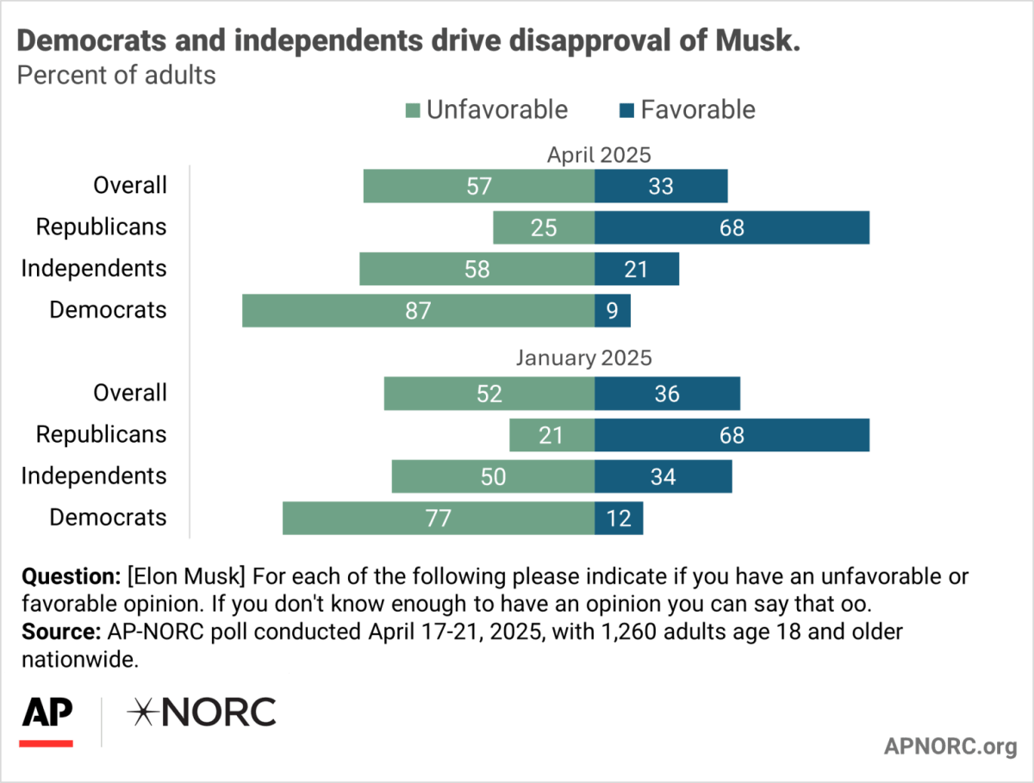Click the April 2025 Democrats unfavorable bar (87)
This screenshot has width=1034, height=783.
click(418, 311)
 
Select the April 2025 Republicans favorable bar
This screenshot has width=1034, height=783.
click(732, 228)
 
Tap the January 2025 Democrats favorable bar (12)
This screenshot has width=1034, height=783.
click(619, 519)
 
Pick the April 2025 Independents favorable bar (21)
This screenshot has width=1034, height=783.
click(637, 270)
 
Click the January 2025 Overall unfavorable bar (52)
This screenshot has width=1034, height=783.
click(489, 394)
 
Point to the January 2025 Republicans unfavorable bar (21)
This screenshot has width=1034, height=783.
click(551, 435)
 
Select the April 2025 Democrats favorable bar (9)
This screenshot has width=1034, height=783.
click(613, 311)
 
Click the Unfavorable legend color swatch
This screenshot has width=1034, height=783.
click(413, 110)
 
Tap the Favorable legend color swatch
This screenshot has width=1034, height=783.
click(626, 110)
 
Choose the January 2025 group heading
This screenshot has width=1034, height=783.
click(583, 357)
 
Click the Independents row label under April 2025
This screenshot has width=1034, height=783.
click(93, 269)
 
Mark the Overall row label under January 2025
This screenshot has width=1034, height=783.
click(130, 393)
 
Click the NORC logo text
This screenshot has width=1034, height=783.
click(202, 713)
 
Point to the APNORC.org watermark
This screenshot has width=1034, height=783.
click(950, 746)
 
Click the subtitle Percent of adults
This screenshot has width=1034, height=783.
click(116, 75)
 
